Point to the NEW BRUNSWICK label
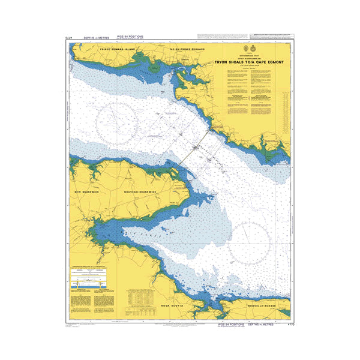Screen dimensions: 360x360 tap(85, 191)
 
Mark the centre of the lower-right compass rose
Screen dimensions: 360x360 tap(248, 242)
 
